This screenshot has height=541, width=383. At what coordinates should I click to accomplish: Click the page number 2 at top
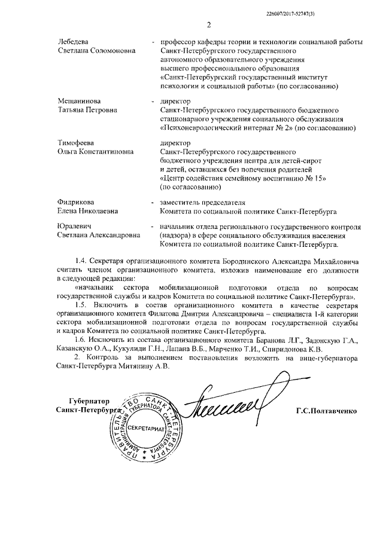(209, 25)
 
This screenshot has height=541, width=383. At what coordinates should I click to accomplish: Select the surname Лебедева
(73, 41)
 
